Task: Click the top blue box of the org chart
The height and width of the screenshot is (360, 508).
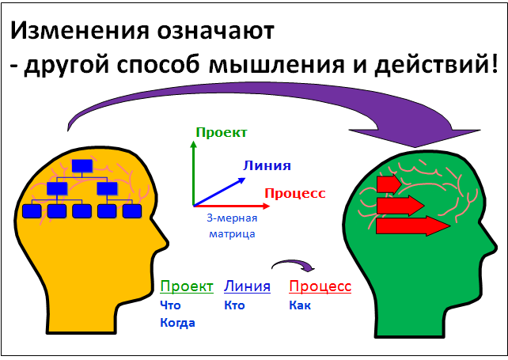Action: (x=82, y=166)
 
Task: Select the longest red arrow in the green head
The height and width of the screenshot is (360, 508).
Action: (x=413, y=225)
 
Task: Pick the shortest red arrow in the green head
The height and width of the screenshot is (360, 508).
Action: (x=389, y=184)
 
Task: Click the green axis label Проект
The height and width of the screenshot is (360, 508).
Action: (x=222, y=133)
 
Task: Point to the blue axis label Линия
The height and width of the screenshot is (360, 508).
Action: (x=267, y=165)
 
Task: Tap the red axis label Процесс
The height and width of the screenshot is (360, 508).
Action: (x=295, y=193)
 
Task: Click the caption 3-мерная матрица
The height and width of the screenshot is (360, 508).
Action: (x=232, y=225)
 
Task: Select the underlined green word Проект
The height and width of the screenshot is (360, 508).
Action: (x=187, y=286)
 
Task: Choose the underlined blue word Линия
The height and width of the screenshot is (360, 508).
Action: (x=247, y=286)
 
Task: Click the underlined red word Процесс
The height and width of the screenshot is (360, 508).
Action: (x=320, y=286)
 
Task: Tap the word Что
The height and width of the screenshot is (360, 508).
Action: (x=170, y=305)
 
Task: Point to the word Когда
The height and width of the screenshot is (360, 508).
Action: (x=177, y=323)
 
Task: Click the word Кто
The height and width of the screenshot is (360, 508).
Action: (x=234, y=305)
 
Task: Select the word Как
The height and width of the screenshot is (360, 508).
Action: (x=300, y=305)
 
